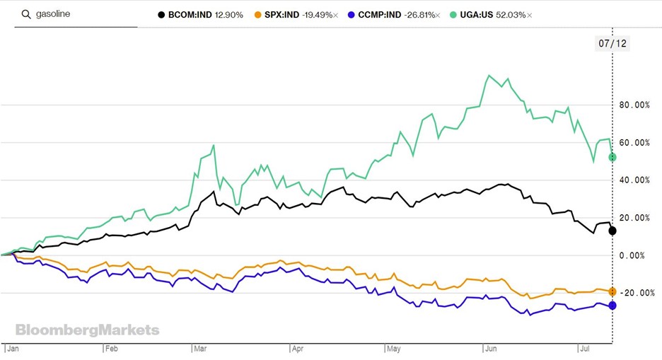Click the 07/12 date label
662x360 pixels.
(x=612, y=44)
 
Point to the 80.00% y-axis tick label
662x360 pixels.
(x=634, y=105)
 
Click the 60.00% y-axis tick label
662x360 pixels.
(x=634, y=143)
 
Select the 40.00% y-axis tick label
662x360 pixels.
(x=634, y=180)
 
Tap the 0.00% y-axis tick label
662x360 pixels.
(x=637, y=255)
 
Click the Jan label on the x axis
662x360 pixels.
(x=13, y=349)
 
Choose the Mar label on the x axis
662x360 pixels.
(x=199, y=349)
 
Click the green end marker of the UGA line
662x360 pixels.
(x=612, y=157)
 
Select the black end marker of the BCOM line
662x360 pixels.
(x=612, y=231)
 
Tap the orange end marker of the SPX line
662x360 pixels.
(x=612, y=291)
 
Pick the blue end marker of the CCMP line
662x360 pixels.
(x=612, y=306)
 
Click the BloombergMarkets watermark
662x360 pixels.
(x=88, y=330)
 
